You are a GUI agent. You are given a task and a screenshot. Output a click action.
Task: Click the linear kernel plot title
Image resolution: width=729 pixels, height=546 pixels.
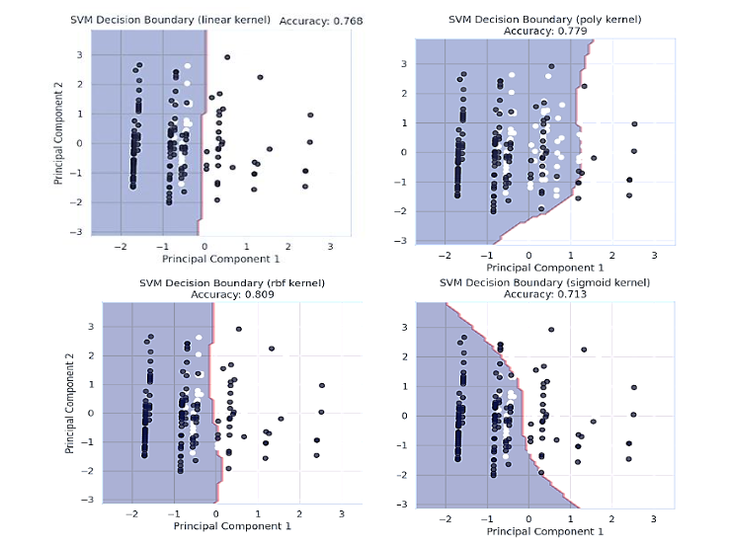click(x=172, y=20)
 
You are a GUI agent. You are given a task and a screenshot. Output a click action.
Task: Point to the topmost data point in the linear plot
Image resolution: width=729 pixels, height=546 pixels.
click(x=227, y=57)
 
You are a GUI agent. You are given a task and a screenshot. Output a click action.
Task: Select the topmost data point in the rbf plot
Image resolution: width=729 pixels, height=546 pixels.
click(x=238, y=329)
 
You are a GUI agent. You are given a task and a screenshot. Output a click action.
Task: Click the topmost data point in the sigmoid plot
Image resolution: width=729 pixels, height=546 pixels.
click(x=550, y=330)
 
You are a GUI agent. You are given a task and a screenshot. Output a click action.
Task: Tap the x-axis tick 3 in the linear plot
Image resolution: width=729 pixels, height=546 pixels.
click(x=330, y=247)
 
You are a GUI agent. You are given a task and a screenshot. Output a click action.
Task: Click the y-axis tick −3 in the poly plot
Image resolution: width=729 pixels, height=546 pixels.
click(x=403, y=241)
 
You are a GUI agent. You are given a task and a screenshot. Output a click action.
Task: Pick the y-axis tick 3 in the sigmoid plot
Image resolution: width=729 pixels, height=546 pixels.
click(x=403, y=327)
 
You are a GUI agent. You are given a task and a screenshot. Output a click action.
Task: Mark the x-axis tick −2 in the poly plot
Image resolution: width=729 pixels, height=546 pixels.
click(x=445, y=254)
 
